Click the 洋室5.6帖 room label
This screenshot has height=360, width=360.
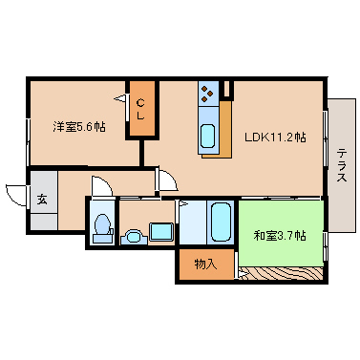click(x=78, y=127)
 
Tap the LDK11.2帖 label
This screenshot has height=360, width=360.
click(x=275, y=138)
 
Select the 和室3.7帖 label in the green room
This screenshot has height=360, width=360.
click(x=280, y=236)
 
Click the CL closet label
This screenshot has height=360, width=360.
click(x=140, y=109)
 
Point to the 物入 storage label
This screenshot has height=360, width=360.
click(x=205, y=264)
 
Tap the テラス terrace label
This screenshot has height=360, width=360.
click(x=342, y=165)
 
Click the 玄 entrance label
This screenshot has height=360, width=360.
click(x=42, y=200)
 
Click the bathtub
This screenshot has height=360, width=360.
click(x=221, y=222)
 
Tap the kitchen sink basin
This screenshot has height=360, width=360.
click(x=207, y=137)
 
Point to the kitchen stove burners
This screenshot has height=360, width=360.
click(x=207, y=93)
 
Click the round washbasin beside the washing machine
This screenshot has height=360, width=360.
click(x=134, y=237)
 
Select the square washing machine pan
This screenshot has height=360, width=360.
click(x=161, y=231)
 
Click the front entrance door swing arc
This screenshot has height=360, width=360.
click(x=12, y=195)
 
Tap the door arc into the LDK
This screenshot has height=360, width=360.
click(x=170, y=180)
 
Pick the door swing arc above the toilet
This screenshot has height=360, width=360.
click(x=102, y=185)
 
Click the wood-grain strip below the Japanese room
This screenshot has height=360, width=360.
click(x=281, y=274)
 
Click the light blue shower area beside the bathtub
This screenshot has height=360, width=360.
click(x=193, y=222)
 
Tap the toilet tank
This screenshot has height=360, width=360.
click(x=102, y=239)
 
